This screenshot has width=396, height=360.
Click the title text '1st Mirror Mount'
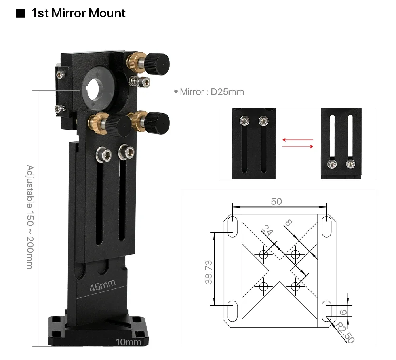[x=78, y=13]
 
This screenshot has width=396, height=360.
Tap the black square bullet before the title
[x=20, y=14]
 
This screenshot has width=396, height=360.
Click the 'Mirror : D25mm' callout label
[x=212, y=92]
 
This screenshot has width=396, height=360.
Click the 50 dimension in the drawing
[x=276, y=201]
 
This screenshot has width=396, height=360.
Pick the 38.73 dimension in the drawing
[x=209, y=272]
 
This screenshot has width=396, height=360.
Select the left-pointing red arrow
[x=297, y=140]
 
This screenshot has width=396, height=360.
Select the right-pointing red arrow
[x=297, y=147]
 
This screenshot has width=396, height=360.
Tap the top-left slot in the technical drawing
[x=232, y=226]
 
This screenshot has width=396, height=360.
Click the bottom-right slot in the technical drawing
[x=326, y=310]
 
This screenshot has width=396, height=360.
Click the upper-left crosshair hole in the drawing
[x=264, y=255]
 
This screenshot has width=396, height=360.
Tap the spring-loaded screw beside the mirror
[x=141, y=82]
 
